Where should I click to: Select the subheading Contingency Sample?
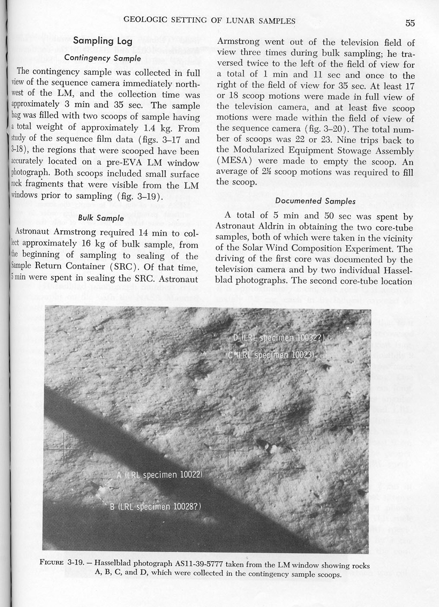tap(103, 57)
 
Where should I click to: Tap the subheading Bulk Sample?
tap(101, 218)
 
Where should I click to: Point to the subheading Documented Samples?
tap(315, 201)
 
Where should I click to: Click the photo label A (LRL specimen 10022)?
tap(160, 474)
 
